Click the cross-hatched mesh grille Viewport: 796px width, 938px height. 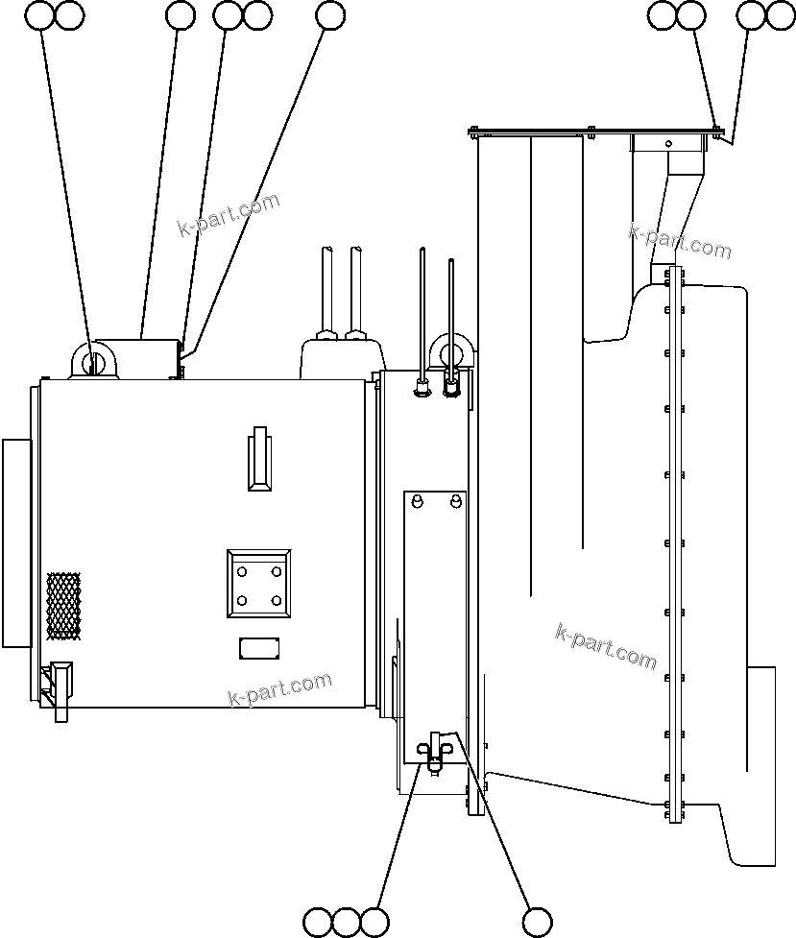(63, 606)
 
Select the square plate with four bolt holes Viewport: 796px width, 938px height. (258, 585)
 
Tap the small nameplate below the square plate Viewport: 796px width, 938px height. (259, 647)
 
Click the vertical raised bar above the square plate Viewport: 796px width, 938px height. (258, 458)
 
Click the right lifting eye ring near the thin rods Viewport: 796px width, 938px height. (452, 351)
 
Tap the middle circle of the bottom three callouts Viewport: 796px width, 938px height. (347, 921)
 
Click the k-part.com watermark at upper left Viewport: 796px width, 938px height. (229, 214)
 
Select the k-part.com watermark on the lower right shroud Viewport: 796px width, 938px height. (606, 646)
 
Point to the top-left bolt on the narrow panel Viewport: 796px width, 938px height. (417, 502)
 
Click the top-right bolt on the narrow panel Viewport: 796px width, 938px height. (455, 502)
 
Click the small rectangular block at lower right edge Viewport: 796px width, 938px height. (761, 717)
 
